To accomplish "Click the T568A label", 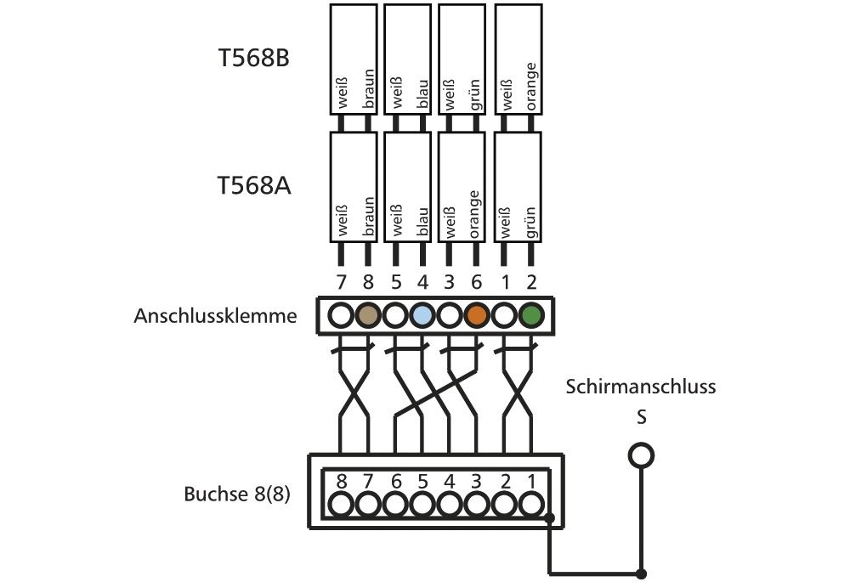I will pos(254,185).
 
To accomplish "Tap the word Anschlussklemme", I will pos(215,316).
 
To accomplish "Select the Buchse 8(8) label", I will pos(237,494).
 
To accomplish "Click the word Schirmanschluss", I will pos(641,387).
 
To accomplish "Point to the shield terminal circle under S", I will pos(641,455).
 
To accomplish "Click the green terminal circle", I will pos(531,315).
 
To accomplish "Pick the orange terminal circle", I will pos(477,315).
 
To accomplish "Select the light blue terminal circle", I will pos(422,315).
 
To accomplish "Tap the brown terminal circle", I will pos(368,315).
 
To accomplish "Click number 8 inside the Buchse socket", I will pos(341,482).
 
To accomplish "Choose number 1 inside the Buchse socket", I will pos(531,482).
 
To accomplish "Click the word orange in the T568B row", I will pos(531,85).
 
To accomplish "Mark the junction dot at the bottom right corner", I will pos(642,573).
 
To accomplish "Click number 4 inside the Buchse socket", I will pos(450,482).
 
